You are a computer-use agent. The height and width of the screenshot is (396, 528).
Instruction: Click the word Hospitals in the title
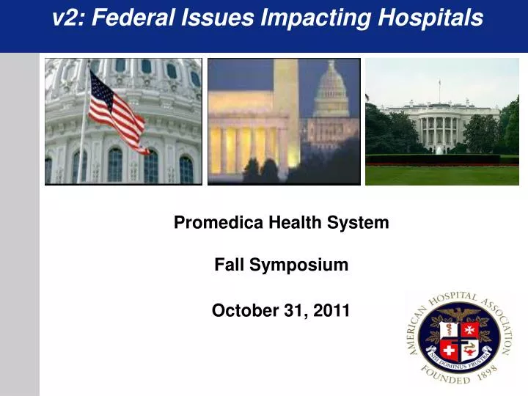point(430,18)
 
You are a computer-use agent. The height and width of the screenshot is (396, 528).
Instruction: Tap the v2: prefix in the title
point(68,18)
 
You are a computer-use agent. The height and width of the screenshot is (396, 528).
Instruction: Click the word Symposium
point(298,265)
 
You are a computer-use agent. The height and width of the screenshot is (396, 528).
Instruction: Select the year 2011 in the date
point(331,311)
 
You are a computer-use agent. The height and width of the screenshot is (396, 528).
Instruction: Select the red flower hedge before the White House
point(440,159)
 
